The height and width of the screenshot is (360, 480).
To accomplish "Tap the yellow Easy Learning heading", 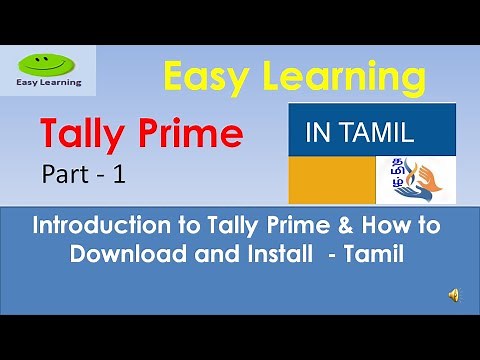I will click(x=287, y=75).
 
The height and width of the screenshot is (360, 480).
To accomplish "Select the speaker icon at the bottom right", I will click(x=454, y=294).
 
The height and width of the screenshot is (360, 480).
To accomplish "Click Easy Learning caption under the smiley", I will click(x=50, y=83).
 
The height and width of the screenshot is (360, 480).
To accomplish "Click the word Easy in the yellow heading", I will click(x=200, y=75).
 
